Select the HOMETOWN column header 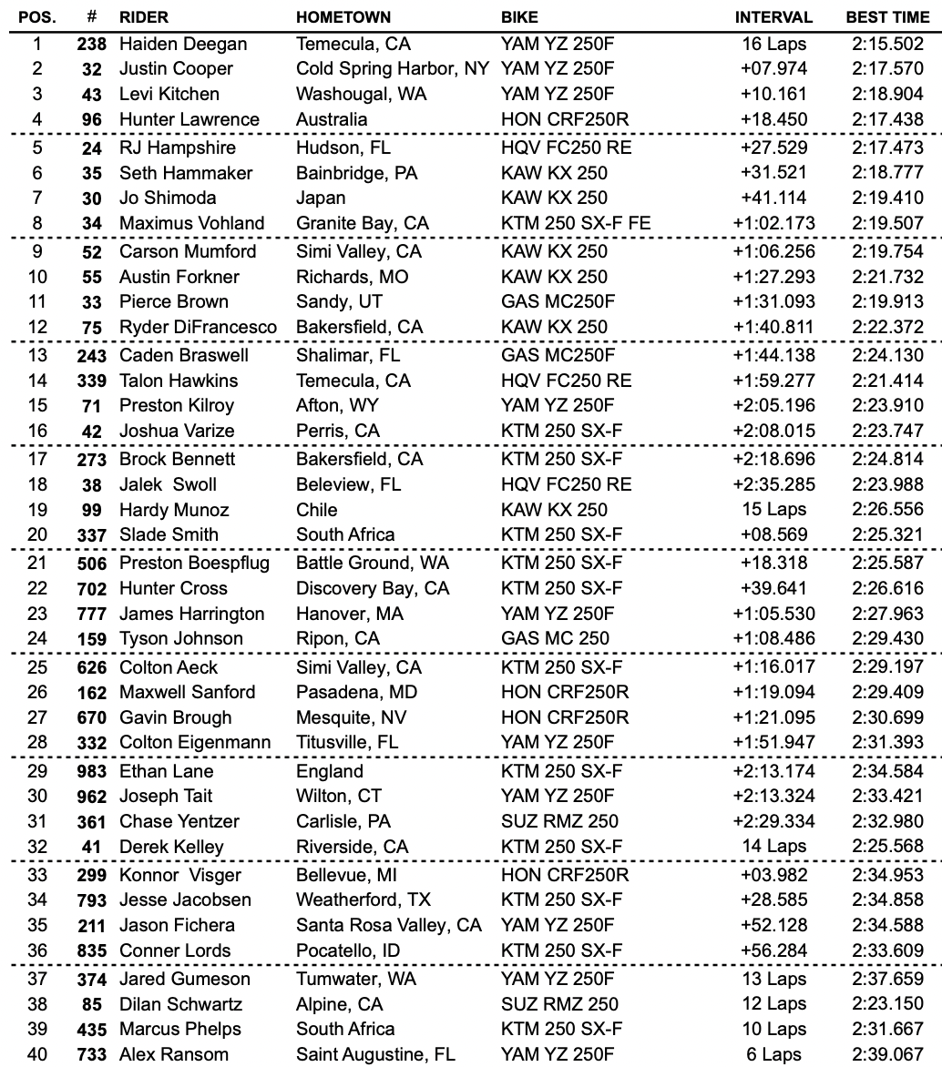(x=343, y=17)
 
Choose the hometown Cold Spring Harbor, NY (x=394, y=68)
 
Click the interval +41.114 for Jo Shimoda (x=773, y=198)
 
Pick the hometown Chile (x=316, y=510)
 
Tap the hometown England (x=329, y=771)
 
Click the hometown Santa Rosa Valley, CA (x=389, y=925)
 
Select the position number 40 (x=37, y=1055)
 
